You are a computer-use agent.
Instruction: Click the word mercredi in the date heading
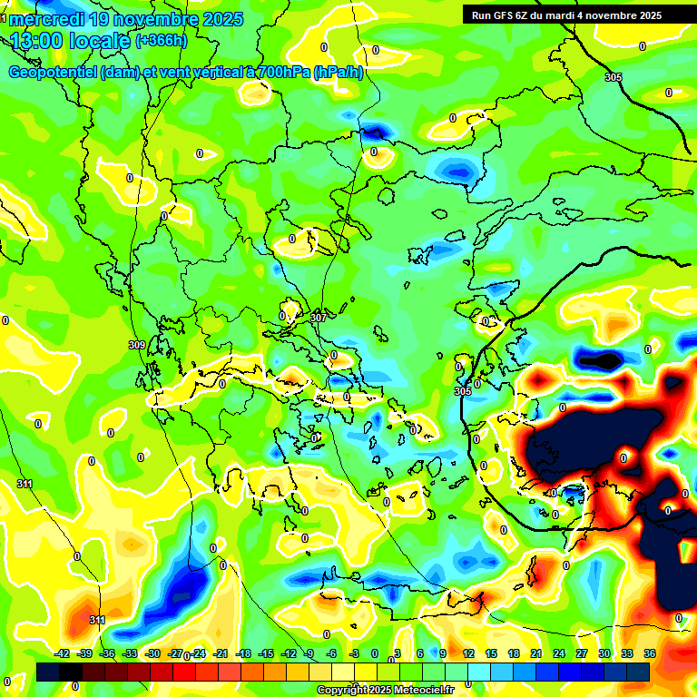pos(44,19)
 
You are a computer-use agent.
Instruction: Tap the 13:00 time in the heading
pos(37,41)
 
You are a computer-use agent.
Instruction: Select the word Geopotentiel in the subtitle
pos(54,73)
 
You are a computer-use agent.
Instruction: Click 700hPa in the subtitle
pos(280,73)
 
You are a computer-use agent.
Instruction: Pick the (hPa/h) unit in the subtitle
pos(338,73)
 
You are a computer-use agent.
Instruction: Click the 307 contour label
pos(318,318)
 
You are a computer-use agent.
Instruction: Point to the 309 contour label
pos(137,345)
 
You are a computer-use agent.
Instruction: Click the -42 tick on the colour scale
pos(63,653)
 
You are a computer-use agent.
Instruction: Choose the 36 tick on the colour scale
pos(650,653)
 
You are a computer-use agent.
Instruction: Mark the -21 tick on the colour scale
pos(221,653)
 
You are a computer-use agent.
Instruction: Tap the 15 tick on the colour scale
pos(491,653)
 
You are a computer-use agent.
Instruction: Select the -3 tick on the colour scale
pos(356,653)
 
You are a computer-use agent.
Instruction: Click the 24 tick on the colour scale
pos(559,653)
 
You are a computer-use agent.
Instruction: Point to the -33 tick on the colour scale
pos(130,653)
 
